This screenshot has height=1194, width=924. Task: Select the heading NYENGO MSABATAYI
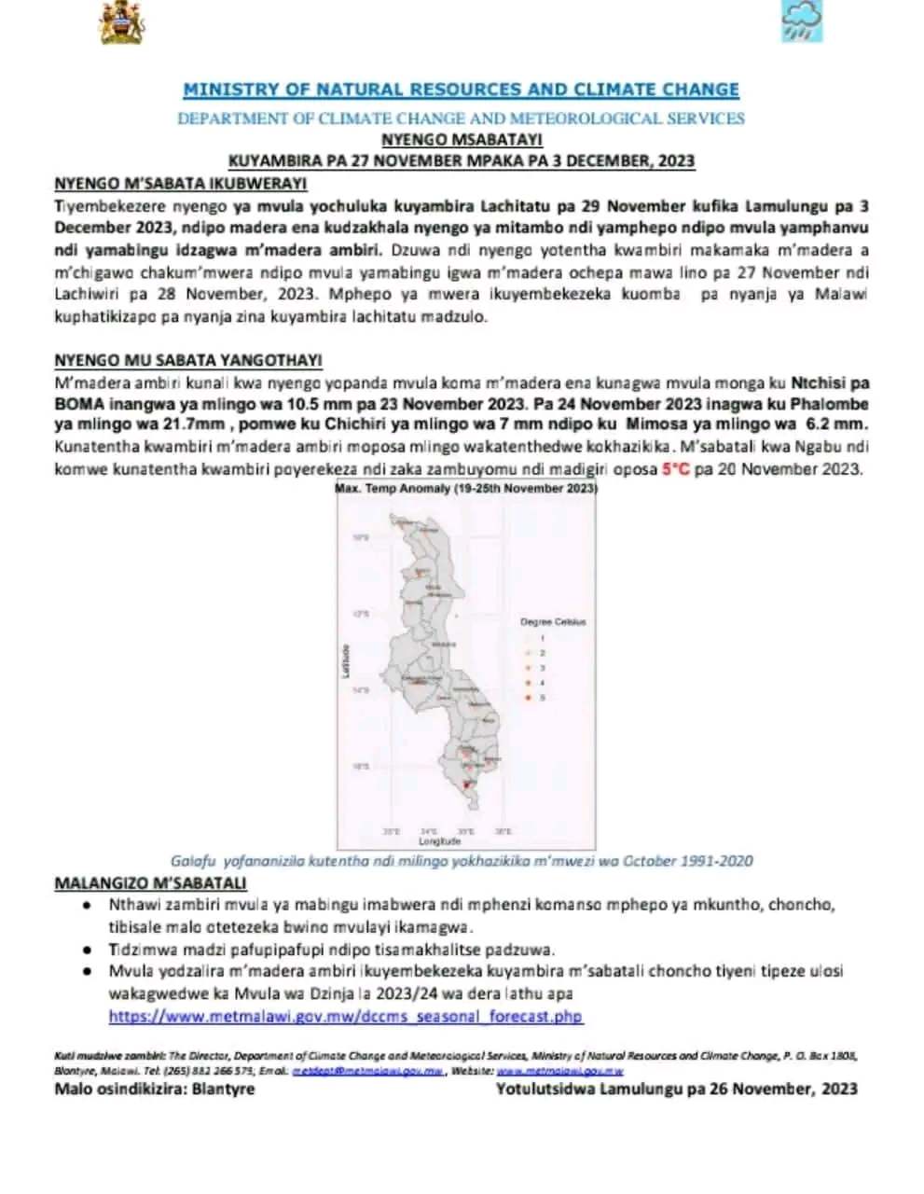[x=462, y=140]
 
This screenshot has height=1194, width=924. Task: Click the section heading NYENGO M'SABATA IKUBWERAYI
[x=181, y=184]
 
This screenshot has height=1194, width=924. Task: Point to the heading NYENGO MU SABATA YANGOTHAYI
[x=188, y=360]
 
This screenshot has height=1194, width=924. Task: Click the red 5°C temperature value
[x=676, y=469]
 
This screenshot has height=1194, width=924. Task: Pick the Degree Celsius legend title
[x=553, y=621]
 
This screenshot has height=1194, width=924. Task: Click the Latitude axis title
[x=345, y=660]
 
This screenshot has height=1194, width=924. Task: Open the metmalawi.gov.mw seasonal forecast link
[x=346, y=1017]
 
